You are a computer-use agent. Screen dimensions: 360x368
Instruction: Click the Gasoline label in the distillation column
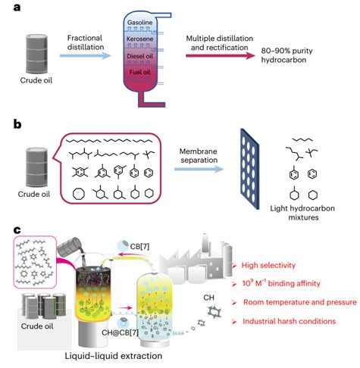(x=139, y=23)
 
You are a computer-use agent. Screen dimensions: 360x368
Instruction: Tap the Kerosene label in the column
(x=139, y=39)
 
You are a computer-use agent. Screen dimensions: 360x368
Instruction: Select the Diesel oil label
(x=139, y=56)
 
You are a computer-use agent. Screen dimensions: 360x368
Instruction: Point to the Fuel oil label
(x=139, y=72)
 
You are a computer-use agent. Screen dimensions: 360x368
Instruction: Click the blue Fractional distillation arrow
(x=86, y=55)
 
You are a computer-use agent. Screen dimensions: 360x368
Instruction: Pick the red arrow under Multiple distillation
(x=221, y=55)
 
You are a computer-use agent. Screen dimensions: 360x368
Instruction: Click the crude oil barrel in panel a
(x=36, y=54)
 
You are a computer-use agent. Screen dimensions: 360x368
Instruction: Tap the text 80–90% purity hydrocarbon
(x=286, y=55)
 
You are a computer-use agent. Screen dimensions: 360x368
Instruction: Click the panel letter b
(x=17, y=124)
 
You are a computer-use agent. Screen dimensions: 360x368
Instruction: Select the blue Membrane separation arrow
(x=199, y=169)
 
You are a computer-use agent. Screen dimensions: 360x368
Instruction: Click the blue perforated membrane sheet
(x=249, y=169)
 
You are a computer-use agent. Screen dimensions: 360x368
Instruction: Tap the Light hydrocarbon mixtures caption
(x=302, y=213)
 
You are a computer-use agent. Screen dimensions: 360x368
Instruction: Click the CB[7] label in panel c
(x=139, y=246)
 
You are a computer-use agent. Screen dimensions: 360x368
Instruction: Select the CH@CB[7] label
(x=120, y=332)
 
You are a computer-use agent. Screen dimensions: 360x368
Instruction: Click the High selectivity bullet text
(x=268, y=265)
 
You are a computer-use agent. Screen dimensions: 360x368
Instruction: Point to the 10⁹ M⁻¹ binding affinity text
(x=281, y=283)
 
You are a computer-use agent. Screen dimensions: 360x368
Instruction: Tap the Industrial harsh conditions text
(x=289, y=321)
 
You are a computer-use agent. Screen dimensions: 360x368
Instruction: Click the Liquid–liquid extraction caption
(x=114, y=356)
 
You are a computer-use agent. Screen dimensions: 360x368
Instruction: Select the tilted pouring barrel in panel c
(x=70, y=246)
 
